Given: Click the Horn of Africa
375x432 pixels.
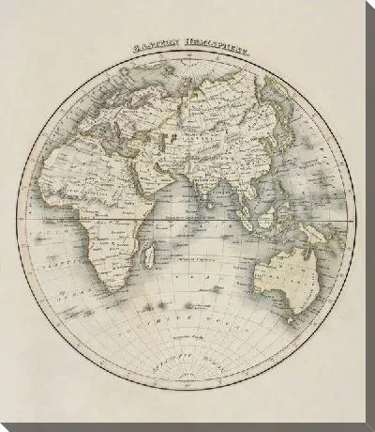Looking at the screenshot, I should (159, 198).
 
